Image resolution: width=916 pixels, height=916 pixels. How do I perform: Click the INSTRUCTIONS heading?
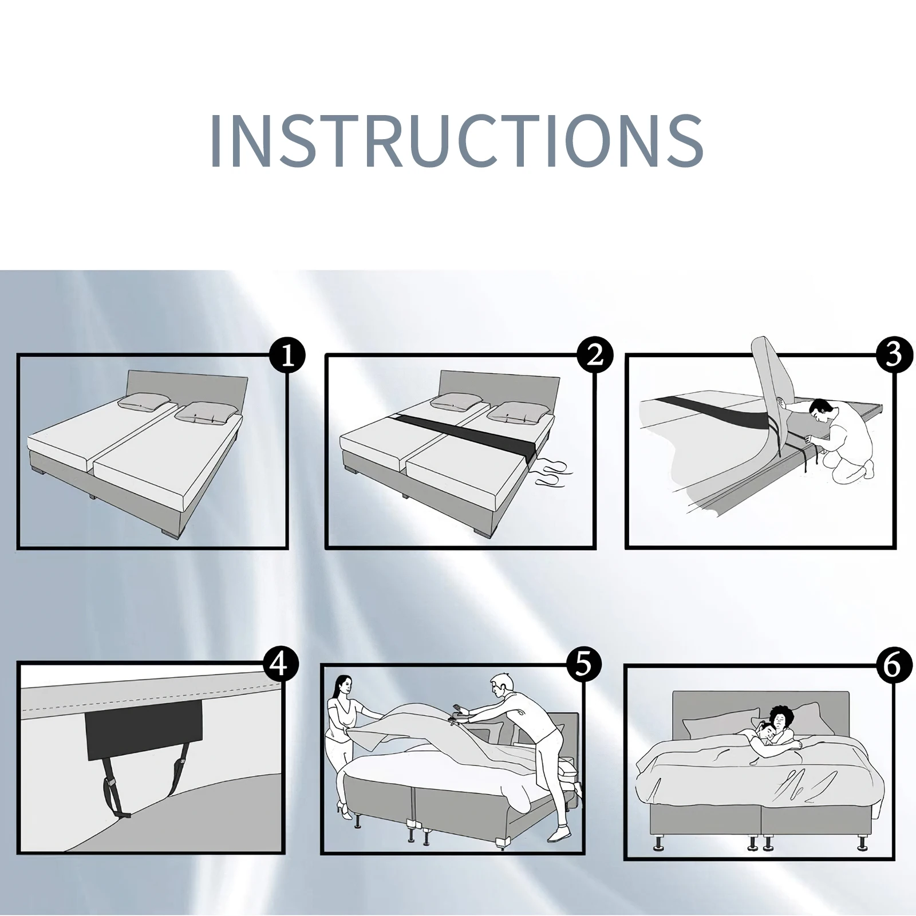pos(457,140)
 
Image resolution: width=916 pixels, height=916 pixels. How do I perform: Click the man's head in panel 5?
pos(501,684)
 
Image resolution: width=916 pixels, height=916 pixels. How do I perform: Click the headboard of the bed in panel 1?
pos(186,385)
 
